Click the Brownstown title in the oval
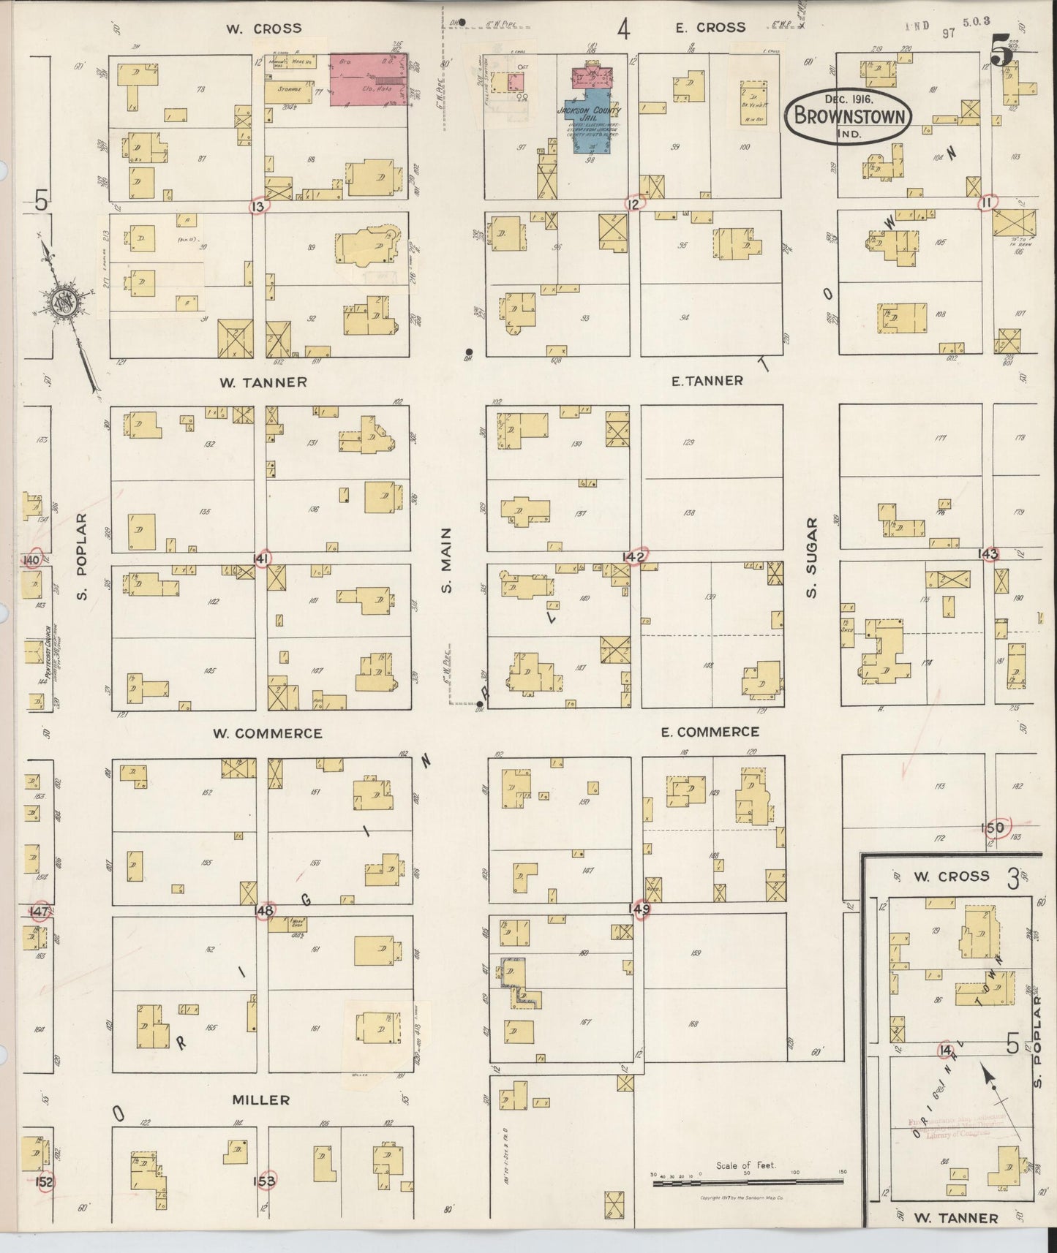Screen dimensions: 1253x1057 pyautogui.click(x=850, y=116)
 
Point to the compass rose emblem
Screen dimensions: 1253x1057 pyautogui.click(x=63, y=303)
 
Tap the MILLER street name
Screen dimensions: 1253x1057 pyautogui.click(x=261, y=1099)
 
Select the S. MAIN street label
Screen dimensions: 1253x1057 pyautogui.click(x=448, y=560)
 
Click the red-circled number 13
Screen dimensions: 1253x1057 pyautogui.click(x=257, y=207)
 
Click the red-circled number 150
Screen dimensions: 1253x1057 pyautogui.click(x=995, y=828)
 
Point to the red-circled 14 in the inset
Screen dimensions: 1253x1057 pyautogui.click(x=946, y=1051)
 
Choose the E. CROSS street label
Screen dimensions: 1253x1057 pyautogui.click(x=710, y=28)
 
